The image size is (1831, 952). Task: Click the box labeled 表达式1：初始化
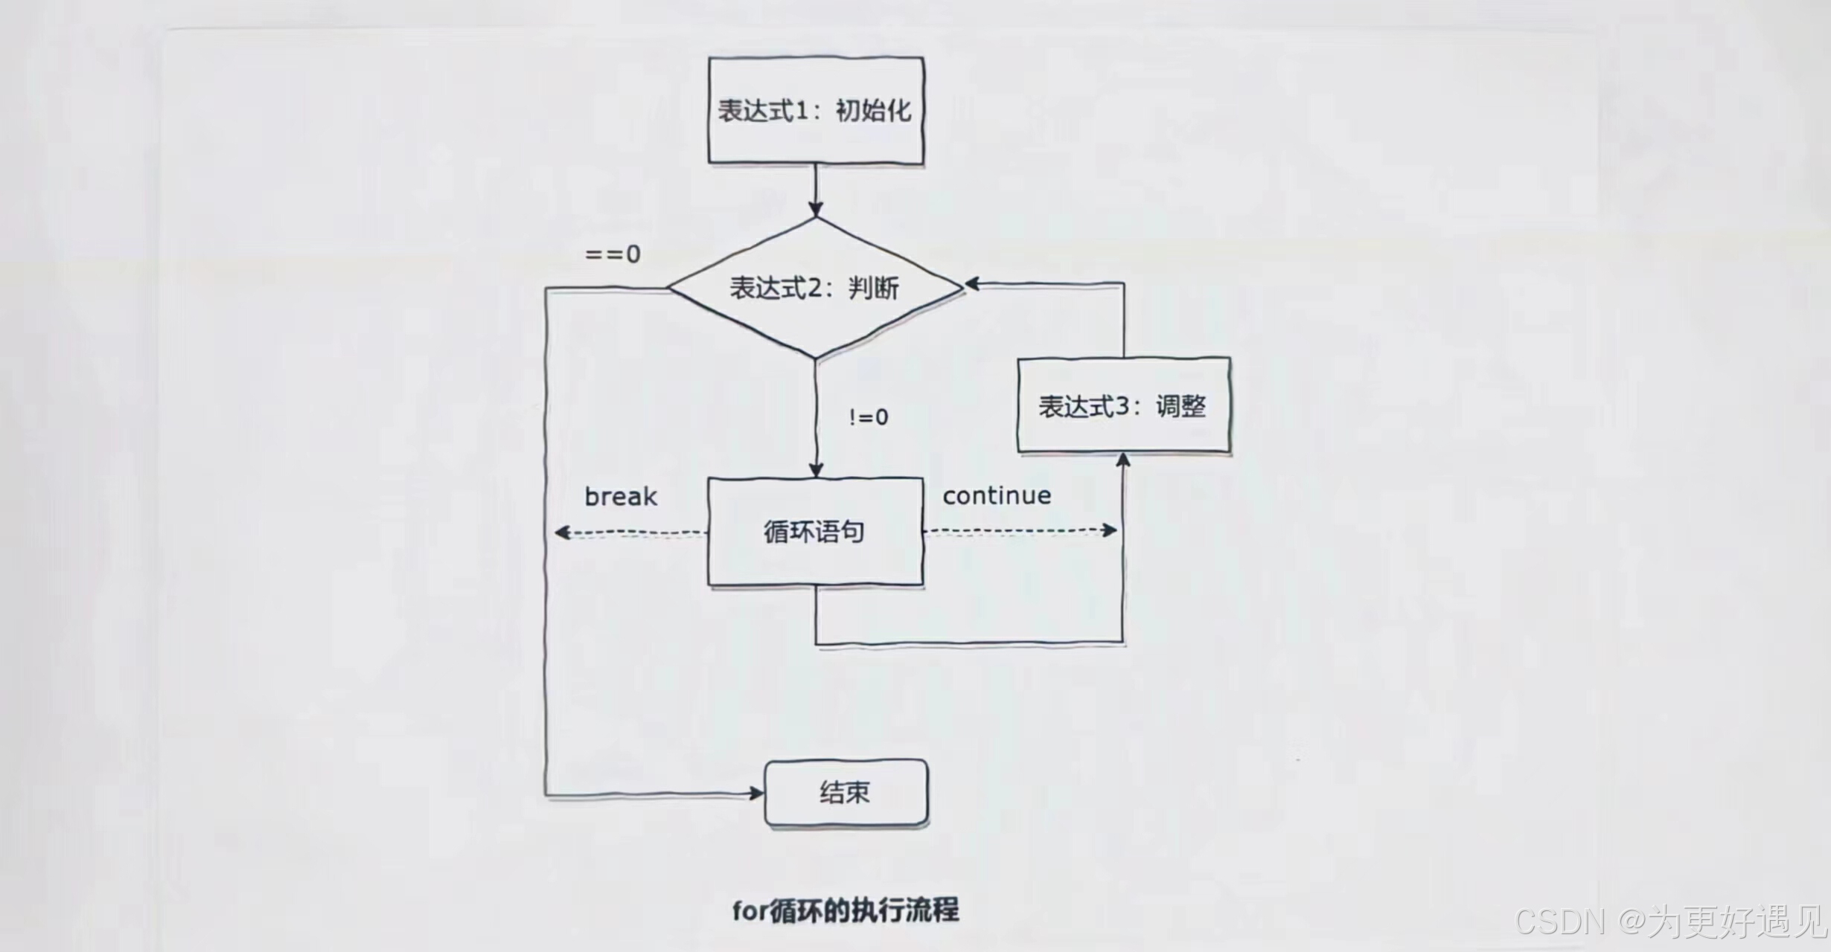click(816, 110)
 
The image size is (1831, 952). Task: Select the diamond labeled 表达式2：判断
click(815, 288)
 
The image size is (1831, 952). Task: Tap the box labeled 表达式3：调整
click(1123, 405)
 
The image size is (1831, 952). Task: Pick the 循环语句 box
click(815, 532)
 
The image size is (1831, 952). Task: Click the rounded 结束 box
click(846, 793)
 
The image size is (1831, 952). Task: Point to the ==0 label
click(613, 254)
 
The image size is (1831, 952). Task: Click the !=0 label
click(869, 417)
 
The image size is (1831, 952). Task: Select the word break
click(621, 497)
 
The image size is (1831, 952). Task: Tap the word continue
click(997, 495)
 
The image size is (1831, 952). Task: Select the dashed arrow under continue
click(1020, 531)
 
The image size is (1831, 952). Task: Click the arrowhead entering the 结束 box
click(756, 794)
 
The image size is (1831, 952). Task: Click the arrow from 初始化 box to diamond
click(816, 190)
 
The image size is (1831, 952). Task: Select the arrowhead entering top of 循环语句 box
click(816, 470)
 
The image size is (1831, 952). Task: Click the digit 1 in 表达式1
click(802, 111)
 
